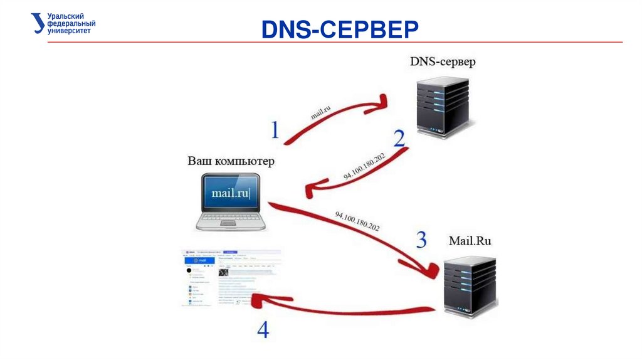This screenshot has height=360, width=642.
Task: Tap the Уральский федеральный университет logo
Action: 63,23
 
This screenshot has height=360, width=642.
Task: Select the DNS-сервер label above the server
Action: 443,61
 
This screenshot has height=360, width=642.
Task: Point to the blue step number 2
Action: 399,138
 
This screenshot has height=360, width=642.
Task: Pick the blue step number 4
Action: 263,329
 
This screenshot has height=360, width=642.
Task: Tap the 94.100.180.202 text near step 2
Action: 364,166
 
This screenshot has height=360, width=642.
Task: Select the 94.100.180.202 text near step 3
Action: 357,221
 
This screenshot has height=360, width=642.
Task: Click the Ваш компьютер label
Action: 231,161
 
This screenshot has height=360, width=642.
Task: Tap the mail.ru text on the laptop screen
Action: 231,193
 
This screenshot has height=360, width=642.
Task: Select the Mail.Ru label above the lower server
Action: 470,240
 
